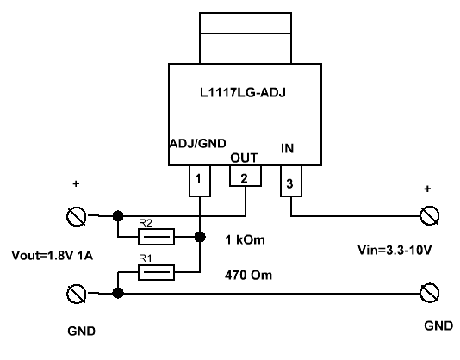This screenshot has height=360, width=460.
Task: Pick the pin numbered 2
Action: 244,178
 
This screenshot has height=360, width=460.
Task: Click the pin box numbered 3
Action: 289,182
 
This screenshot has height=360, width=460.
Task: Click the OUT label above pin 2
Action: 244,158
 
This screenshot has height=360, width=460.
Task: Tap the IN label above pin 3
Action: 289,148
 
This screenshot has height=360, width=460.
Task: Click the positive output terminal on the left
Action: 78,215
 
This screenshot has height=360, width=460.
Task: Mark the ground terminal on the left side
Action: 78,293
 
